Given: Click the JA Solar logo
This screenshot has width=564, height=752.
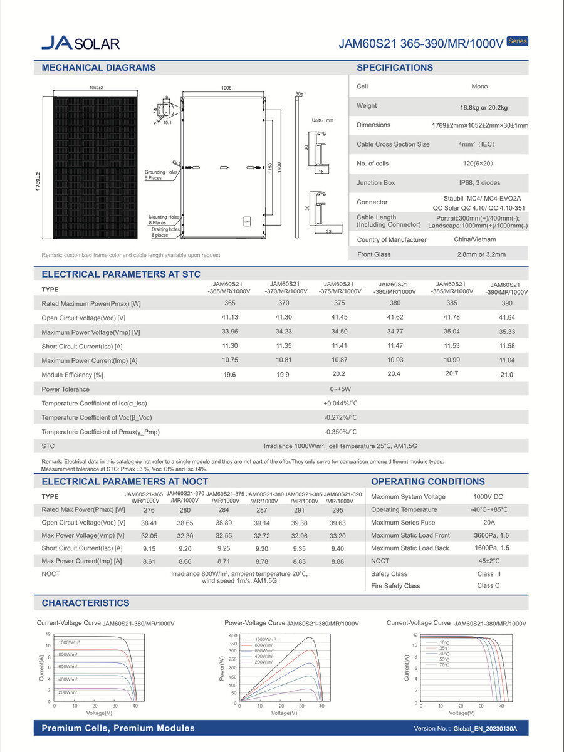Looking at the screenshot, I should point(80,42).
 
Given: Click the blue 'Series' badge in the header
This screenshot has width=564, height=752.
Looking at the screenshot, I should point(517,41).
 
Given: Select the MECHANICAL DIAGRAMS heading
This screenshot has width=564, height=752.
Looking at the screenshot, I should point(98,68).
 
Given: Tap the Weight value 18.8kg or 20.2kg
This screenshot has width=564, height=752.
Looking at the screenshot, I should point(479,107).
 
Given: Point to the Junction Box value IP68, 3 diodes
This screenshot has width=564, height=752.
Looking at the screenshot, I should point(479,183).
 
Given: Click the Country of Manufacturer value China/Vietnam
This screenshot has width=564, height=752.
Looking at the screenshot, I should point(475,239).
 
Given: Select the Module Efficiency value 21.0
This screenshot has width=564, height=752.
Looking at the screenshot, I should point(506,375).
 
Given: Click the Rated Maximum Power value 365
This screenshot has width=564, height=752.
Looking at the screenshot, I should point(230,303).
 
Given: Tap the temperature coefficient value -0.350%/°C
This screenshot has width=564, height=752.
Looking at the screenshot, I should point(340,432).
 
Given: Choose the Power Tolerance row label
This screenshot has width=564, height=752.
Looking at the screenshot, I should point(65,389).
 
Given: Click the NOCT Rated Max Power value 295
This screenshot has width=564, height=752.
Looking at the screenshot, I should point(337,510).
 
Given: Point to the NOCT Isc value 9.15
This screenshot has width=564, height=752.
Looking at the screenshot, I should point(149,548).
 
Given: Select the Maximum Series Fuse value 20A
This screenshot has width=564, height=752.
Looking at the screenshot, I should point(489,522).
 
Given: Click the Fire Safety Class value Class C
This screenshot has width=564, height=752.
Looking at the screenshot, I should point(488,585).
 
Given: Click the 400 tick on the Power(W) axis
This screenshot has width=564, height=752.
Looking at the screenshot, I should point(233,635).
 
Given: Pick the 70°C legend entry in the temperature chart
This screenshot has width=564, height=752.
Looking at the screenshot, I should point(444,664).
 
